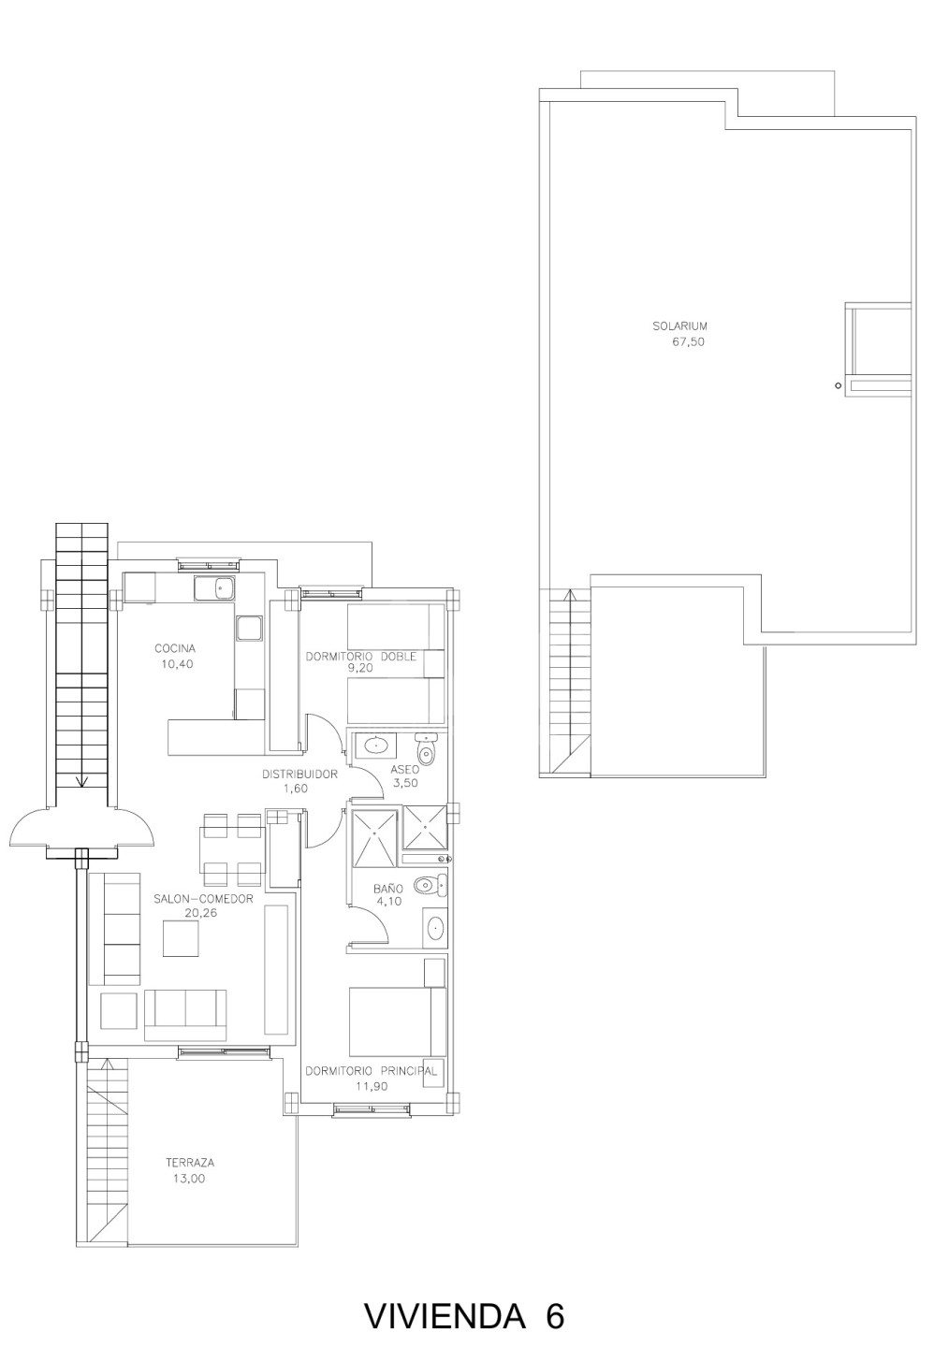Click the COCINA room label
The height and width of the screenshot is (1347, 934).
click(174, 648)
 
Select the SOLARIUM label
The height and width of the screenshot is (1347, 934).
click(679, 326)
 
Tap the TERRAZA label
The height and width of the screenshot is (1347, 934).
click(190, 1163)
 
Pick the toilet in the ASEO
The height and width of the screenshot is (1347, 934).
click(426, 749)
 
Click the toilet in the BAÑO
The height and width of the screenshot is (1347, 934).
click(431, 885)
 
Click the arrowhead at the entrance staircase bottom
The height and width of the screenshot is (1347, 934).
click(81, 781)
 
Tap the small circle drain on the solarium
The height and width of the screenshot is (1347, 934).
click(838, 385)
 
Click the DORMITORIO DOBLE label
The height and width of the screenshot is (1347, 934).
click(360, 656)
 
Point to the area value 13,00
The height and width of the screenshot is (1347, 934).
click(189, 1179)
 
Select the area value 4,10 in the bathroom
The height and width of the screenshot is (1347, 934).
click(387, 901)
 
